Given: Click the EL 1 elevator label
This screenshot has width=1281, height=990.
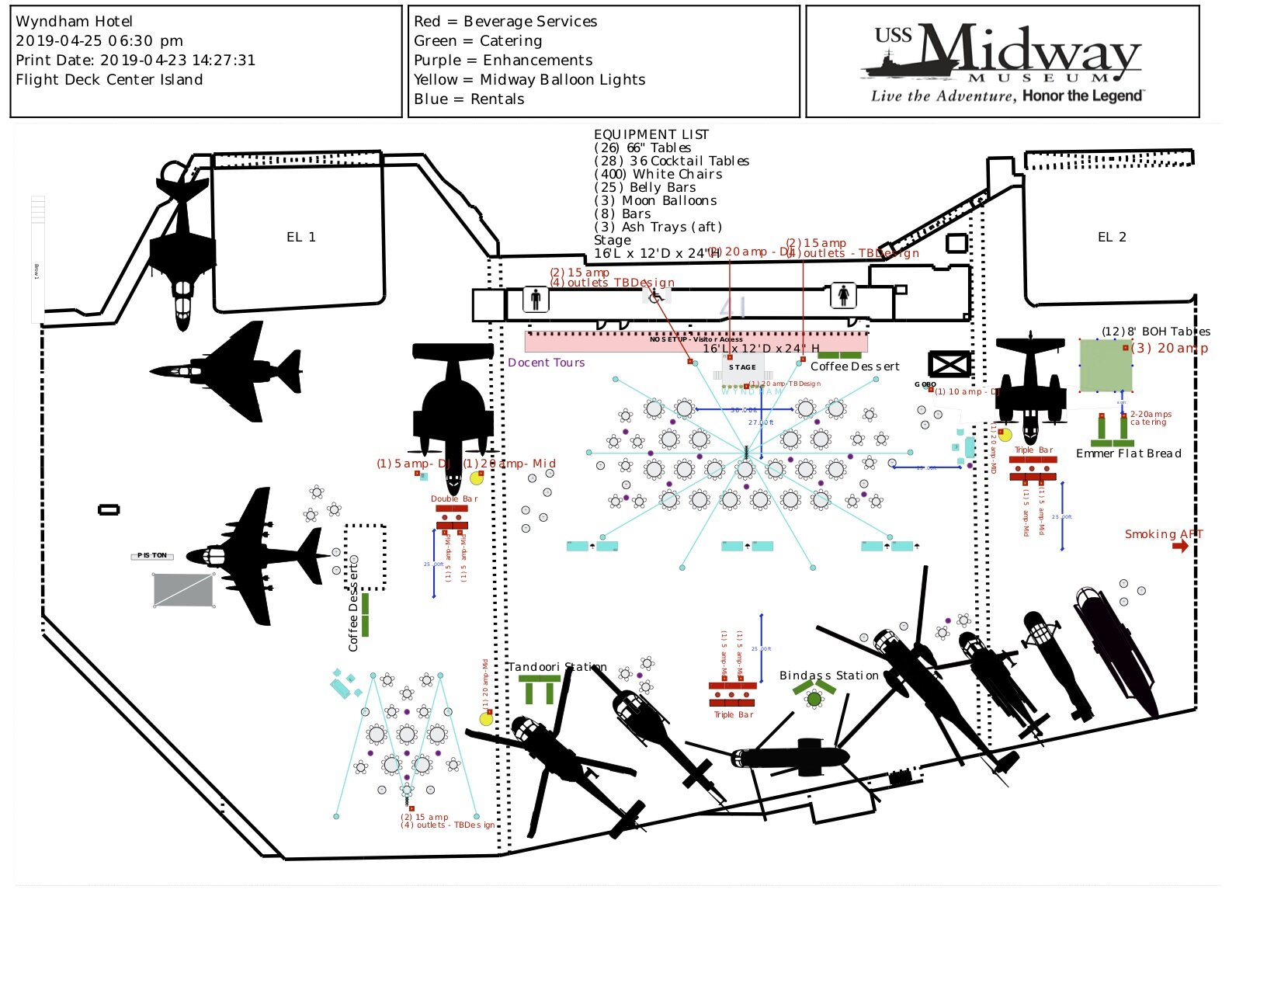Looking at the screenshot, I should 301,237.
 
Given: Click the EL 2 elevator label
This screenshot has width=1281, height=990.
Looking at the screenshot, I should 1112,237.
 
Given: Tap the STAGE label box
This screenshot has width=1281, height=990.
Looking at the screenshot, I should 742,367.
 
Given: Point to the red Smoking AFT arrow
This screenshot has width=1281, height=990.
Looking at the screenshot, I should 1180,546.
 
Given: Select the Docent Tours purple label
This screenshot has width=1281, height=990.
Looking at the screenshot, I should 546,363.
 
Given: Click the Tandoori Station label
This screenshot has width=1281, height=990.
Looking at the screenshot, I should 557,667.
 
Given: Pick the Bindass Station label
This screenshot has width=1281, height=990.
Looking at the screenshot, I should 828,676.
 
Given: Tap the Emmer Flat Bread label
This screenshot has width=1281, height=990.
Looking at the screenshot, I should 1128,453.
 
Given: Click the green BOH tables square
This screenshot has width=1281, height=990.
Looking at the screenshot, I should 1106,365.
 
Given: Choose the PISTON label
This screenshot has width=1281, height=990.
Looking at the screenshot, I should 152,555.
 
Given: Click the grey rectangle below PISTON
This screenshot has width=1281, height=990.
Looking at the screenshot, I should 183,590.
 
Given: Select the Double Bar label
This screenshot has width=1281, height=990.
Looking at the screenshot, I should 454,498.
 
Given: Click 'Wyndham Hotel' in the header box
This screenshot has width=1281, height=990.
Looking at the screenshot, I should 74,22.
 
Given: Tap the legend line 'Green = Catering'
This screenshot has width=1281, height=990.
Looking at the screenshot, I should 477,41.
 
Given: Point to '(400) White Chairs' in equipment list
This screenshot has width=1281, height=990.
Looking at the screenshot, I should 658,175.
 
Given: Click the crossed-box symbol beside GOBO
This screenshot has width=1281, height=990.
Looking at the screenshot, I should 949,363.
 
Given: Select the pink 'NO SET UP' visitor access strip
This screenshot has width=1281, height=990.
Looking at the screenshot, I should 696,342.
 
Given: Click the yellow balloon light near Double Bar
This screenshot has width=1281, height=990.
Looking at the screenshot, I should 477,478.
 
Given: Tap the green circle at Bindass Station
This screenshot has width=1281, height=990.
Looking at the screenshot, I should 814,700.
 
